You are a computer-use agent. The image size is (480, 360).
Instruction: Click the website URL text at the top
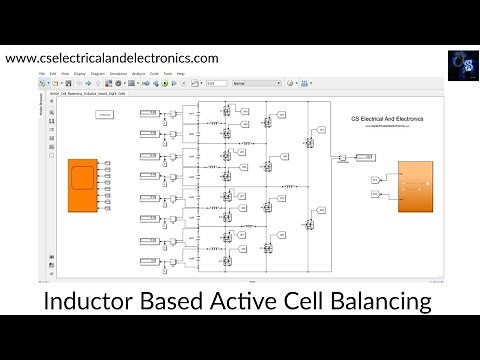coord(111,58)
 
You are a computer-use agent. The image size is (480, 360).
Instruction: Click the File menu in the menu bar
coord(43,74)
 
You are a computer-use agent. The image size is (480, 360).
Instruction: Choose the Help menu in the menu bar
coord(181,74)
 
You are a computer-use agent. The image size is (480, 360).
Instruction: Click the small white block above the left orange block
coord(103,116)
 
